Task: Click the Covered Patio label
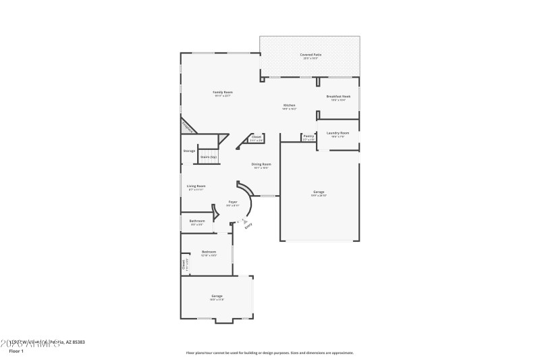click(x=310, y=54)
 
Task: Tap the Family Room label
click(x=223, y=92)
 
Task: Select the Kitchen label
click(x=289, y=105)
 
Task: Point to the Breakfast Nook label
click(x=338, y=97)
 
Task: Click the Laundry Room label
click(x=339, y=133)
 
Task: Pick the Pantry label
click(x=308, y=136)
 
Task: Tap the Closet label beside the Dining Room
click(x=256, y=137)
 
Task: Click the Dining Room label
click(x=261, y=164)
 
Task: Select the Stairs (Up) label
click(x=209, y=157)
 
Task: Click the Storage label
click(x=189, y=151)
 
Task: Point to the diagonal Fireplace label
click(x=188, y=127)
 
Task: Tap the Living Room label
click(x=197, y=186)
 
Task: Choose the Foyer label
click(x=232, y=202)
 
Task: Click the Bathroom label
click(x=197, y=221)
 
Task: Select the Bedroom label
click(x=209, y=252)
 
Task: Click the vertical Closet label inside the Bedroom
click(x=184, y=265)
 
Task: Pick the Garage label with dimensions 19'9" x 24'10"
click(x=319, y=192)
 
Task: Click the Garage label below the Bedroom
click(x=217, y=296)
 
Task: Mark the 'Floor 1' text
click(x=16, y=351)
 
